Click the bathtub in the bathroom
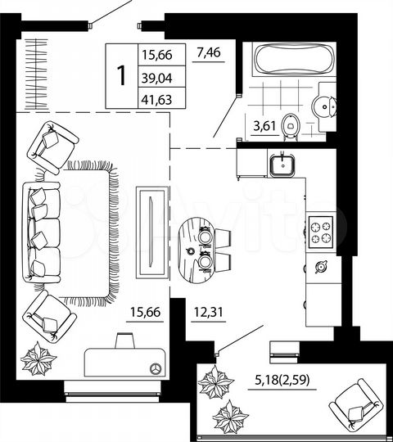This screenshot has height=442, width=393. [x=291, y=61]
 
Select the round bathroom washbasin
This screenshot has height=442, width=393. [x=325, y=106]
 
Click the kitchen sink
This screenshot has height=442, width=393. [x=283, y=164]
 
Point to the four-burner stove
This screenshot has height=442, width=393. [x=321, y=233]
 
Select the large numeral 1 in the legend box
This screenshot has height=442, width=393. [x=122, y=76]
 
